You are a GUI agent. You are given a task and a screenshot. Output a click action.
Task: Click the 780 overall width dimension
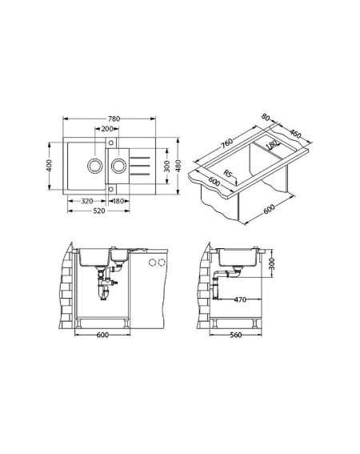click(114, 119)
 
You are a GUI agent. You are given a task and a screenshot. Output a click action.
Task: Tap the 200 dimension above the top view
click(106, 129)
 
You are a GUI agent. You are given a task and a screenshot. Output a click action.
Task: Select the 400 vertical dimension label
click(50, 166)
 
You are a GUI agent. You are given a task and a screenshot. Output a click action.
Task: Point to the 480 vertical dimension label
click(178, 166)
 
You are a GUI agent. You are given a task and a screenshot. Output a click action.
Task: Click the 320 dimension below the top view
click(87, 201)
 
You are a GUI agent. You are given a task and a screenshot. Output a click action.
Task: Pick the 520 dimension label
click(99, 211)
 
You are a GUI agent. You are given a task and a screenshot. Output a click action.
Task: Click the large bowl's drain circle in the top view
click(95, 166)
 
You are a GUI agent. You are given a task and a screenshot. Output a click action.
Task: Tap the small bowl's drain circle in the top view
click(119, 166)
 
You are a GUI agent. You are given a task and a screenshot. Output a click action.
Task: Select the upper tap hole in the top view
click(111, 143)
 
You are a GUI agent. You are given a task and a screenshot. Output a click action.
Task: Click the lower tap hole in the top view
click(111, 189)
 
